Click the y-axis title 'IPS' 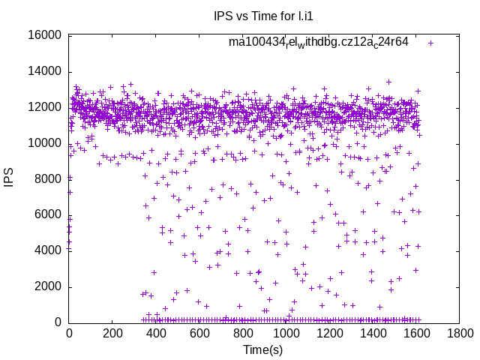(9, 178)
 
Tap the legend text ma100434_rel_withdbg (319, 43)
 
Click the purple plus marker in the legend (430, 43)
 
